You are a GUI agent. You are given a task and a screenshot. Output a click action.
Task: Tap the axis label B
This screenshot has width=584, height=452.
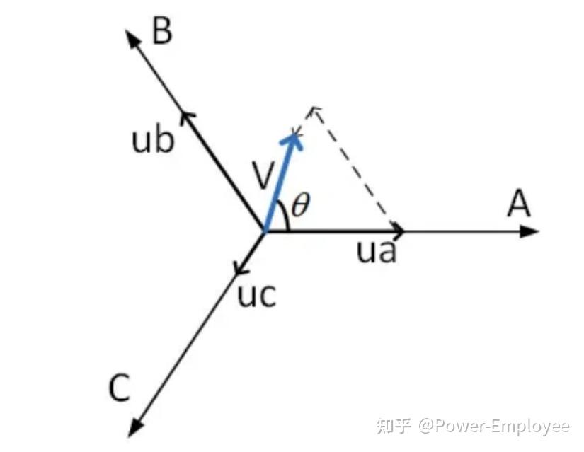point(162,32)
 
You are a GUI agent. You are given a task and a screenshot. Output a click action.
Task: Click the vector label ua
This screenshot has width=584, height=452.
point(376,252)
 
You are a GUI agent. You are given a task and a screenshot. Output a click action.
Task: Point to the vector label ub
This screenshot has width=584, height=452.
point(152,141)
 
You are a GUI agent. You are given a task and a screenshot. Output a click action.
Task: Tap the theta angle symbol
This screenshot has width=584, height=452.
point(301,206)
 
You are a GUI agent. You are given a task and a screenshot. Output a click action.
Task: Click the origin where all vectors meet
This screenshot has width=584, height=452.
point(264,231)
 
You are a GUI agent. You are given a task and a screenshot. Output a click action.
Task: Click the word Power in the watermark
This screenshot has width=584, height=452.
point(459,426)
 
